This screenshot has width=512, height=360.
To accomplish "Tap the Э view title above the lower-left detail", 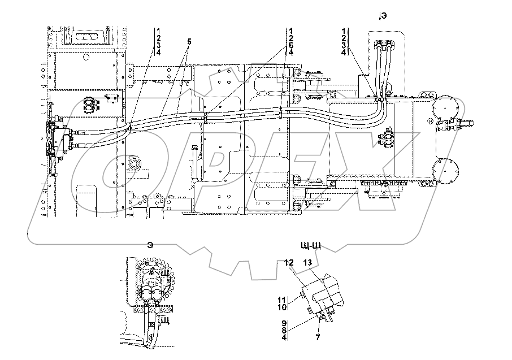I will pyautogui.click(x=150, y=245).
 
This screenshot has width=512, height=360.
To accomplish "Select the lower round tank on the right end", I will pyautogui.click(x=444, y=169).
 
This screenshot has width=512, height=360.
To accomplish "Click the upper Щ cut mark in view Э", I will pyautogui.click(x=166, y=273).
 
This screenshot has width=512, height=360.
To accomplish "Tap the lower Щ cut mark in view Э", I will pyautogui.click(x=165, y=320).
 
